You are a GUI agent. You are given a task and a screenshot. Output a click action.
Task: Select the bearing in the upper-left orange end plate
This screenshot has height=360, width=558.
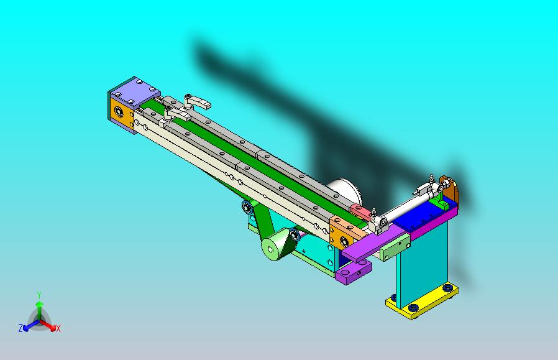pyautogui.click(x=119, y=112)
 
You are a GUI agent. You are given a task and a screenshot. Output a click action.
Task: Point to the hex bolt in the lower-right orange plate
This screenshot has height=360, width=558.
pyautogui.click(x=344, y=241)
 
